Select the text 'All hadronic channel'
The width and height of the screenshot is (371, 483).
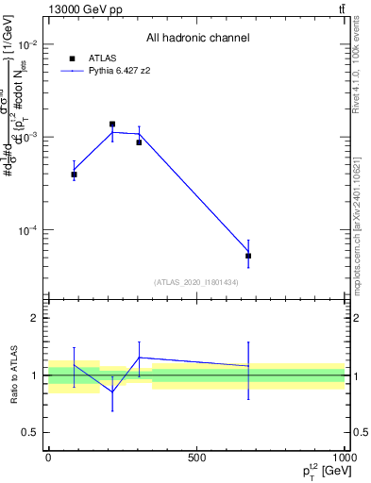pos(197,38)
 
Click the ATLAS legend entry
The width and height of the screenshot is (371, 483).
pos(98,58)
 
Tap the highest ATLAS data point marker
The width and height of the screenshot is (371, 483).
pos(112,124)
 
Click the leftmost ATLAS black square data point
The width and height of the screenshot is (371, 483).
pos(74,175)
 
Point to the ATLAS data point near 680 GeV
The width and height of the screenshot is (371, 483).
pos(248,256)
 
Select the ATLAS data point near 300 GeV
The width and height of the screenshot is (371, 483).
pos(139,142)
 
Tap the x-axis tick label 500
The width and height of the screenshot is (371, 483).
pos(196,458)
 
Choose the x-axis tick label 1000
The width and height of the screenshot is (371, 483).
pos(344,458)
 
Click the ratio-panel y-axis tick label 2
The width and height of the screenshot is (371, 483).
pos(36,318)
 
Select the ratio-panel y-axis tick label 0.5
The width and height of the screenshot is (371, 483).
pos(32,432)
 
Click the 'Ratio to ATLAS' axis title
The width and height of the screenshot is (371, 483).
pos(12,375)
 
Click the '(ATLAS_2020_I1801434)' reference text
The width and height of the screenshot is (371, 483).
pos(195,282)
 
